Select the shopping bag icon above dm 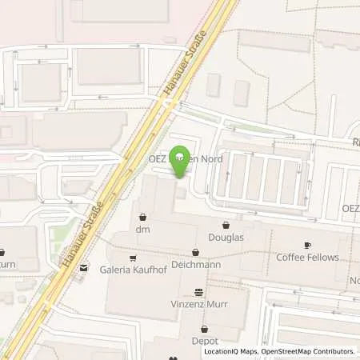point(142,216)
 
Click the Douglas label point(226,237)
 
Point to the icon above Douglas point(226,224)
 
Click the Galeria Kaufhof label point(131,270)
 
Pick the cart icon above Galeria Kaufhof point(132,258)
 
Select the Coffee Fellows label point(308,257)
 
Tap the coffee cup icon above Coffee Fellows point(308,244)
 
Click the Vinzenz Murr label point(199,306)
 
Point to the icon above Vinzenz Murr point(199,292)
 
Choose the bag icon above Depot point(204,328)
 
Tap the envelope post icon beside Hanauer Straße point(83,269)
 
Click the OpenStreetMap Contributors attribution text point(311,351)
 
